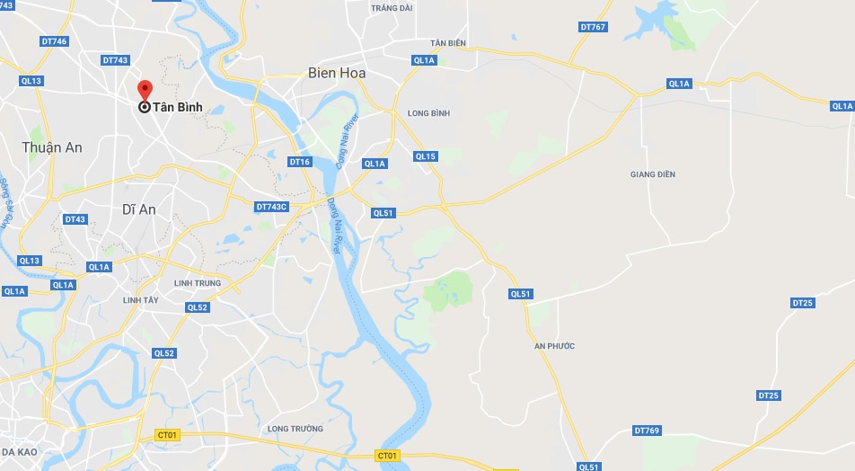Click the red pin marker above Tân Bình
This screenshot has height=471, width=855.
pos(144,91)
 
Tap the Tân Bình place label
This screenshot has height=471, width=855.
pos(177,107)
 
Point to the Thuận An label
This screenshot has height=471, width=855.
pos(51,147)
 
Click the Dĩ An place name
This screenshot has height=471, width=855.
pos(138,209)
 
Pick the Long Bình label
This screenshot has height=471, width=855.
pos(428,113)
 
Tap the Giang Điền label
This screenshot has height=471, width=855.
pos(653,173)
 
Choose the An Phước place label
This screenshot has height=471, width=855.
pos(554,346)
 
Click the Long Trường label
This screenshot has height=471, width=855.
pos(295,429)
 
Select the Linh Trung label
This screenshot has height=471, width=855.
pos(198,283)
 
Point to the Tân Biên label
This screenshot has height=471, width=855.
pos(448,43)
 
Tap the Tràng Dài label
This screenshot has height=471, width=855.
pos(392,8)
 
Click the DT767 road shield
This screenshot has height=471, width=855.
pos(594,27)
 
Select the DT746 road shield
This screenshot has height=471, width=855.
pos(54,41)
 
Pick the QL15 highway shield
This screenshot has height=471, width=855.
pos(426,156)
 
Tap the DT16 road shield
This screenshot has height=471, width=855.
pos(299,162)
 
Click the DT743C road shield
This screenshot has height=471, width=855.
pos(271,207)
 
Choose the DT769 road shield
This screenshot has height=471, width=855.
pos(647,431)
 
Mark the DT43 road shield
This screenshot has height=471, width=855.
pos(75,219)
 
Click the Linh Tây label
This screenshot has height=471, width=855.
pos(140,300)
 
